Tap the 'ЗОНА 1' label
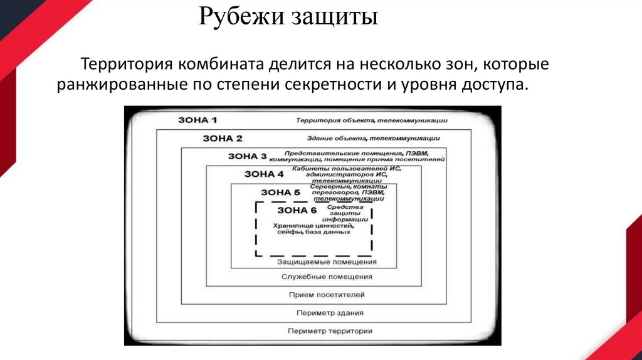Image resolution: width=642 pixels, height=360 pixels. click(197, 120)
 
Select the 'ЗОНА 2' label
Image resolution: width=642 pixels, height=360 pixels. click(222, 138)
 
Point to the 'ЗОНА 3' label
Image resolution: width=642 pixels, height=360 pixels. click(247, 156)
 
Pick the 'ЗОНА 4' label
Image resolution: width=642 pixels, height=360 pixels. click(263, 174)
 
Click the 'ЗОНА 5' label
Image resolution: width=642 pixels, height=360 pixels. click(280, 192)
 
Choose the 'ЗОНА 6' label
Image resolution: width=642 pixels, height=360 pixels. click(297, 209)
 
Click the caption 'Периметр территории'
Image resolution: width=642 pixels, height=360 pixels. click(330, 331)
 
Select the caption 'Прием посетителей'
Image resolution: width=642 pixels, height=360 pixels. click(327, 294)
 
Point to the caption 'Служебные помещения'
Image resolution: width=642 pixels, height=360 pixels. click(327, 276)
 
